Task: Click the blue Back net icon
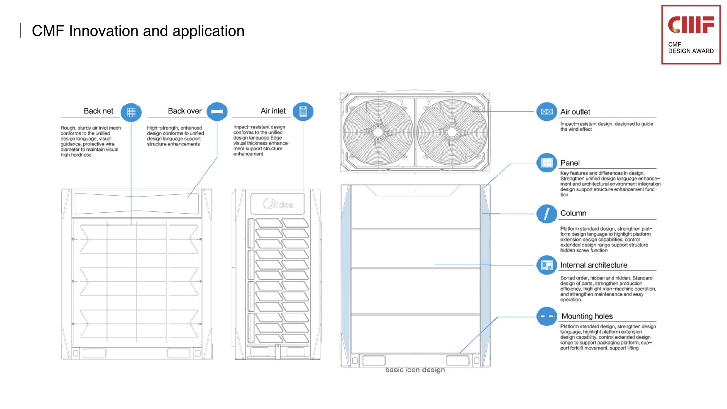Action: tap(131, 112)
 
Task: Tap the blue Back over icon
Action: tap(217, 112)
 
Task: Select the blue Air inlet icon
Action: tap(303, 112)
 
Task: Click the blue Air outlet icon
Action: tap(547, 112)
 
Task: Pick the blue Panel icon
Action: tap(547, 163)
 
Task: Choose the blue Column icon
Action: tap(547, 214)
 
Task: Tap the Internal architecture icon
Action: tap(547, 265)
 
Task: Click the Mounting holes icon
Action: tap(547, 316)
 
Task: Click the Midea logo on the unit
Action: tap(278, 204)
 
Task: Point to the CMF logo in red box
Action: tap(691, 25)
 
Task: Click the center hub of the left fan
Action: tap(378, 132)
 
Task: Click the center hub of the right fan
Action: tap(452, 132)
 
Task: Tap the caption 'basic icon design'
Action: tap(415, 370)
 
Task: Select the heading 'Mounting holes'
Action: tap(587, 316)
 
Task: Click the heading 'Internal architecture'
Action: tap(594, 265)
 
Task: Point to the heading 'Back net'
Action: tap(98, 111)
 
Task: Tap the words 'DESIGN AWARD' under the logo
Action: tap(691, 51)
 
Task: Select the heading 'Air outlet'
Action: tap(575, 112)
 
